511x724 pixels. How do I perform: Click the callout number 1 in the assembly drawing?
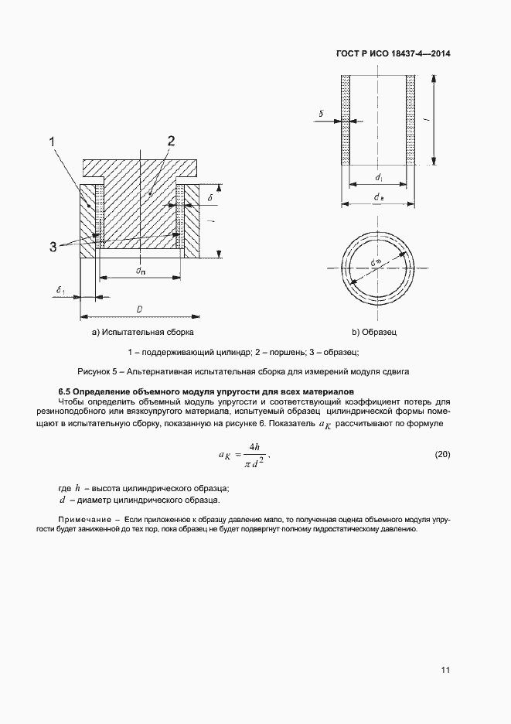[x=53, y=142]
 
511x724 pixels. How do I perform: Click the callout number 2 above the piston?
[x=171, y=141]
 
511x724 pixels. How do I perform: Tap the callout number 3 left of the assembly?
[x=53, y=247]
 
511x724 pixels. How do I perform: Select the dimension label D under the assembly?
[x=139, y=309]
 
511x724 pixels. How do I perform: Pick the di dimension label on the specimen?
[x=379, y=178]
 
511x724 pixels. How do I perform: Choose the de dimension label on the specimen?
[x=379, y=199]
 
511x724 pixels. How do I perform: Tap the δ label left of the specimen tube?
[x=321, y=113]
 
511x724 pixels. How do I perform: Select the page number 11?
[x=445, y=670]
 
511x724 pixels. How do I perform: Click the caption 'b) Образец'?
[x=374, y=333]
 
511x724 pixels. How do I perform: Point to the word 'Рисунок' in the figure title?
[x=96, y=371]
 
